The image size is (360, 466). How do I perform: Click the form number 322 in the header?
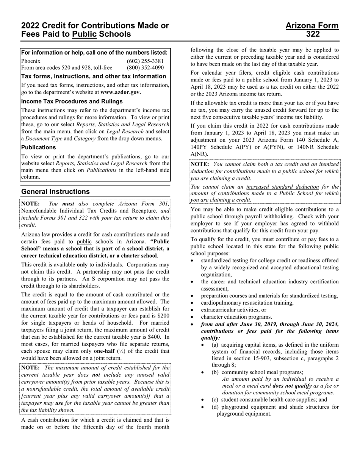[x=313, y=34]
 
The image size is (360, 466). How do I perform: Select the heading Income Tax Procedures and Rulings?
[x=72, y=102]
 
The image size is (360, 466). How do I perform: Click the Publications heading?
[x=39, y=147]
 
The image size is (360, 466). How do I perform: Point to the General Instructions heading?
[x=56, y=192]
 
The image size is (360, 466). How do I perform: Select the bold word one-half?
[x=104, y=351]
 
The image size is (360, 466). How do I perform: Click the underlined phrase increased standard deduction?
[x=282, y=187]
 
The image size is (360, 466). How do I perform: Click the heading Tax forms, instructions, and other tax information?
[x=94, y=76]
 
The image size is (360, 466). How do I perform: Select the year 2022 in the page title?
[x=31, y=26]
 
